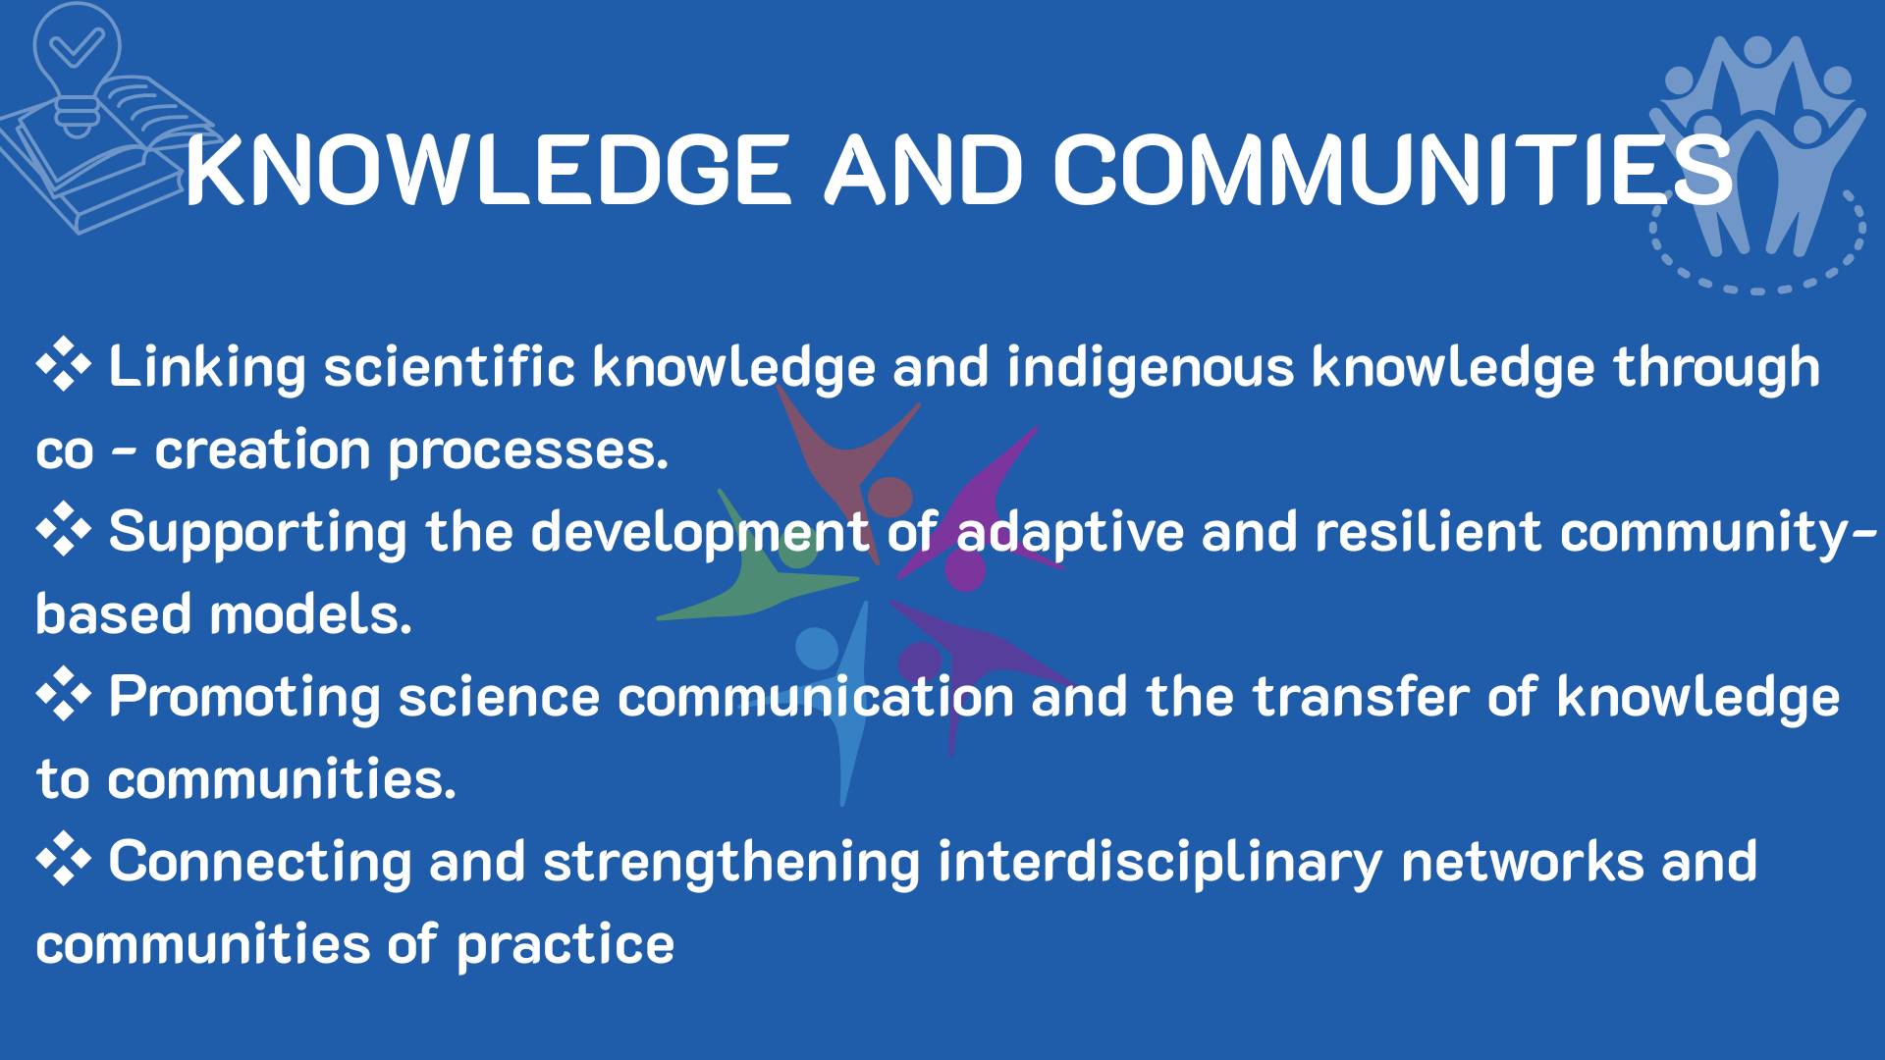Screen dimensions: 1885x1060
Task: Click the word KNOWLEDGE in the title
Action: coord(488,170)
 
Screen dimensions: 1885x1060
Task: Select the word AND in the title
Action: coord(924,170)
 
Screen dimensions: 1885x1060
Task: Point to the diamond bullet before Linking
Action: coord(64,364)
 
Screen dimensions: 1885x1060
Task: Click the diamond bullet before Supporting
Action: coord(64,529)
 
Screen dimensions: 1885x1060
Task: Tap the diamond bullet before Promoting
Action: coord(64,694)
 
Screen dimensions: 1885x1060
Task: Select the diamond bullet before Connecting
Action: coord(64,859)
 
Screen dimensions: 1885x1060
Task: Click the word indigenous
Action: coord(1151,369)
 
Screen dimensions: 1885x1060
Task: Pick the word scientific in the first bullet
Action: coord(449,367)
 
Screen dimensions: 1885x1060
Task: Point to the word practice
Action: coord(565,946)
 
